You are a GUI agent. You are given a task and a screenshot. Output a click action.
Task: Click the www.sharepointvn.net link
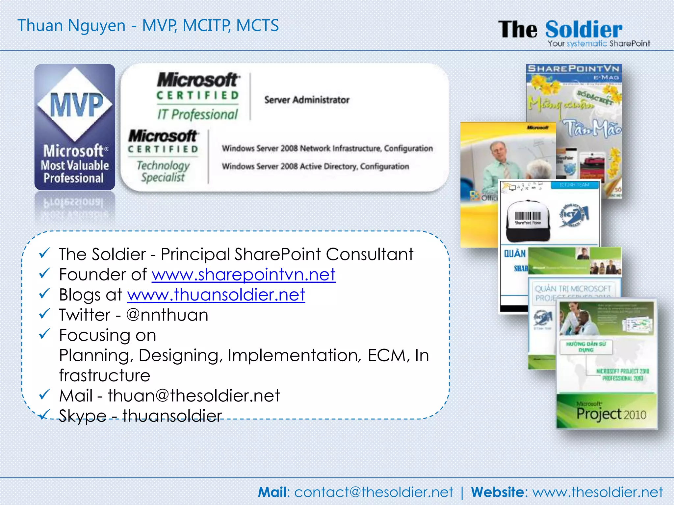click(x=243, y=275)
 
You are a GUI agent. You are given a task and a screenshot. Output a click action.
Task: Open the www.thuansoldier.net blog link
click(x=216, y=295)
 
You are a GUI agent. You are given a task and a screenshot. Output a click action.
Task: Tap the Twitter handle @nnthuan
click(x=167, y=315)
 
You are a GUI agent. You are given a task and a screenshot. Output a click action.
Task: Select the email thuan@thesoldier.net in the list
click(x=194, y=396)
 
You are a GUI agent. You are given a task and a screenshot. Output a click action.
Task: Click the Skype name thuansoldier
click(x=172, y=416)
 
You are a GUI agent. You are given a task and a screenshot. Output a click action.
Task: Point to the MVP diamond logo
click(x=75, y=105)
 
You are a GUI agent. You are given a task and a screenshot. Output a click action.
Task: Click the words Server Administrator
click(x=307, y=100)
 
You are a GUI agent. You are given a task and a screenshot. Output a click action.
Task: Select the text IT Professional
click(x=197, y=114)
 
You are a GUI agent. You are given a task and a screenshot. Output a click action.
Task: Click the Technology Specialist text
click(x=163, y=171)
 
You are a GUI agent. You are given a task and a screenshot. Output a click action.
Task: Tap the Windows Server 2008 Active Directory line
click(x=315, y=166)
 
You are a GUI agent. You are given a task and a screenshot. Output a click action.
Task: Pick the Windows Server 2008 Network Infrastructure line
click(x=327, y=148)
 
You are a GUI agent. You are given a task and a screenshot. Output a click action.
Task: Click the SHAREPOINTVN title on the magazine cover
click(x=573, y=69)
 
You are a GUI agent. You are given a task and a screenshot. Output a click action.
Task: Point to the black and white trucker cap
click(x=528, y=220)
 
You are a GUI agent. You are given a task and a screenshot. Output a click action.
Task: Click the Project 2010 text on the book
click(x=611, y=414)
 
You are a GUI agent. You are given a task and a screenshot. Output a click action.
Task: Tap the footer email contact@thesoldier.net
click(x=374, y=492)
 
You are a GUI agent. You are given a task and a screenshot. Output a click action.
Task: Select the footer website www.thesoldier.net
click(x=598, y=492)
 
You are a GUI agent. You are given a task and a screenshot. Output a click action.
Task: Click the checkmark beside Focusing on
click(x=44, y=334)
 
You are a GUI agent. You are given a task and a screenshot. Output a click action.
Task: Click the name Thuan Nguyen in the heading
click(x=71, y=26)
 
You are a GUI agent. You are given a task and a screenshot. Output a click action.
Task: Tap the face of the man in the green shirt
click(x=498, y=151)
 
